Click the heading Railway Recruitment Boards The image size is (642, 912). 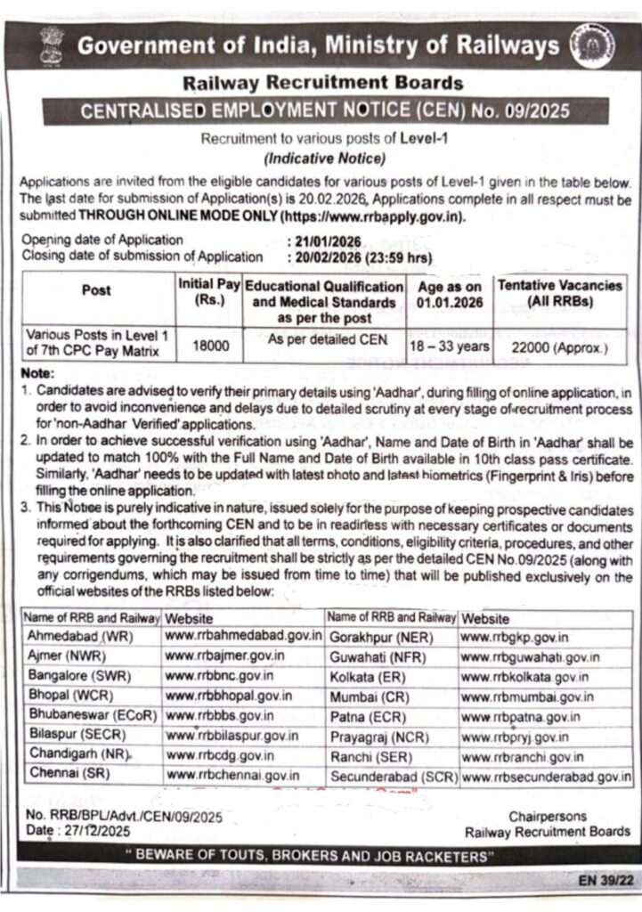pyautogui.click(x=322, y=84)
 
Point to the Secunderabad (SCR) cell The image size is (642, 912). pyautogui.click(x=392, y=777)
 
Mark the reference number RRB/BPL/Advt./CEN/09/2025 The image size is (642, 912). pyautogui.click(x=134, y=815)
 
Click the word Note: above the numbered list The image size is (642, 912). pyautogui.click(x=37, y=372)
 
